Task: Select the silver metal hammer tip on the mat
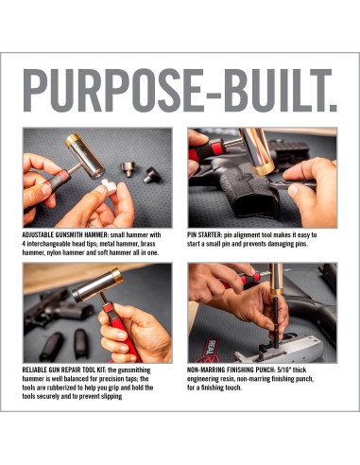pyautogui.click(x=129, y=169)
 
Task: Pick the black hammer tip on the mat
pyautogui.click(x=152, y=176)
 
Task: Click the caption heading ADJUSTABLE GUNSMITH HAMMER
pyautogui.click(x=65, y=235)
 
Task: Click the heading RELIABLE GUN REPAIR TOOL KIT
pyautogui.click(x=64, y=370)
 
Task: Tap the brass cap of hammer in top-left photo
pyautogui.click(x=73, y=140)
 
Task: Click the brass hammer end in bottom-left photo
pyautogui.click(x=116, y=275)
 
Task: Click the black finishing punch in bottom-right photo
pyautogui.click(x=276, y=321)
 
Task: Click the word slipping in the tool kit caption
pyautogui.click(x=111, y=396)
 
